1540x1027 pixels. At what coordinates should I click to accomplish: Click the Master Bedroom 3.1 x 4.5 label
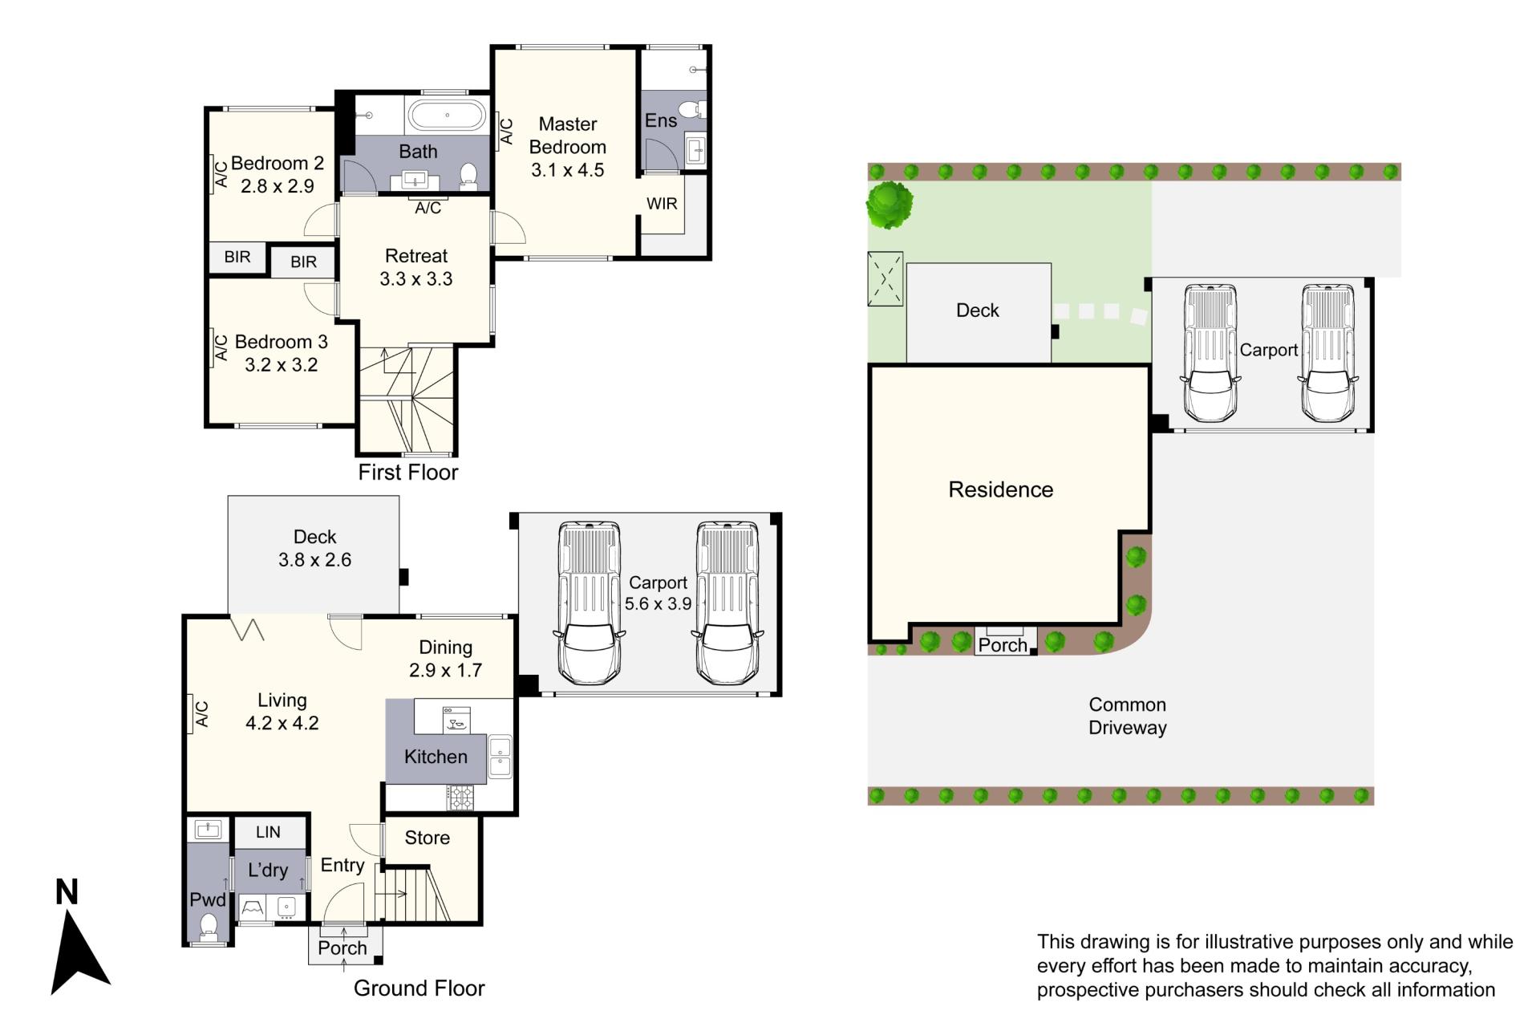click(568, 147)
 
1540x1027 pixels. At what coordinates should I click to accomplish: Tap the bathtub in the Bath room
click(448, 115)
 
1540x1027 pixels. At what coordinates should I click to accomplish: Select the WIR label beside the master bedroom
click(662, 204)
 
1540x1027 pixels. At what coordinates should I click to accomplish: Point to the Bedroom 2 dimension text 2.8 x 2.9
click(278, 186)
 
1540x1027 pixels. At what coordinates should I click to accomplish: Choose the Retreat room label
click(416, 256)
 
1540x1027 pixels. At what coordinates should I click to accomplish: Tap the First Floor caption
click(408, 472)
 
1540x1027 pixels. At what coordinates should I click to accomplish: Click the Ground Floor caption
click(419, 988)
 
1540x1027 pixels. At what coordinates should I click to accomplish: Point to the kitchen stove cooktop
click(460, 797)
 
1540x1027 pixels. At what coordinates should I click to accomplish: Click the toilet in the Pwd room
click(209, 926)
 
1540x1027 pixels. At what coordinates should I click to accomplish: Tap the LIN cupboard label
click(268, 832)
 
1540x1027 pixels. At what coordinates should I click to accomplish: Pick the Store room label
click(427, 838)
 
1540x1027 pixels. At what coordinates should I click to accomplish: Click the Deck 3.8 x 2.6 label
click(314, 548)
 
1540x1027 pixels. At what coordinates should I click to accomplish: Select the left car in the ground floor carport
click(590, 603)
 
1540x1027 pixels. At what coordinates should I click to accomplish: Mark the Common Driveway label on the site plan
click(1127, 716)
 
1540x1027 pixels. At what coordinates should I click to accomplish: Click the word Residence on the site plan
click(1000, 489)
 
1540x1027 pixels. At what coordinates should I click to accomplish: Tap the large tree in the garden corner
click(890, 205)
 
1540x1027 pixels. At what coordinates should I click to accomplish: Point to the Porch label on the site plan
click(1003, 645)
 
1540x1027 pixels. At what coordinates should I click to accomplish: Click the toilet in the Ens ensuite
click(691, 109)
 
